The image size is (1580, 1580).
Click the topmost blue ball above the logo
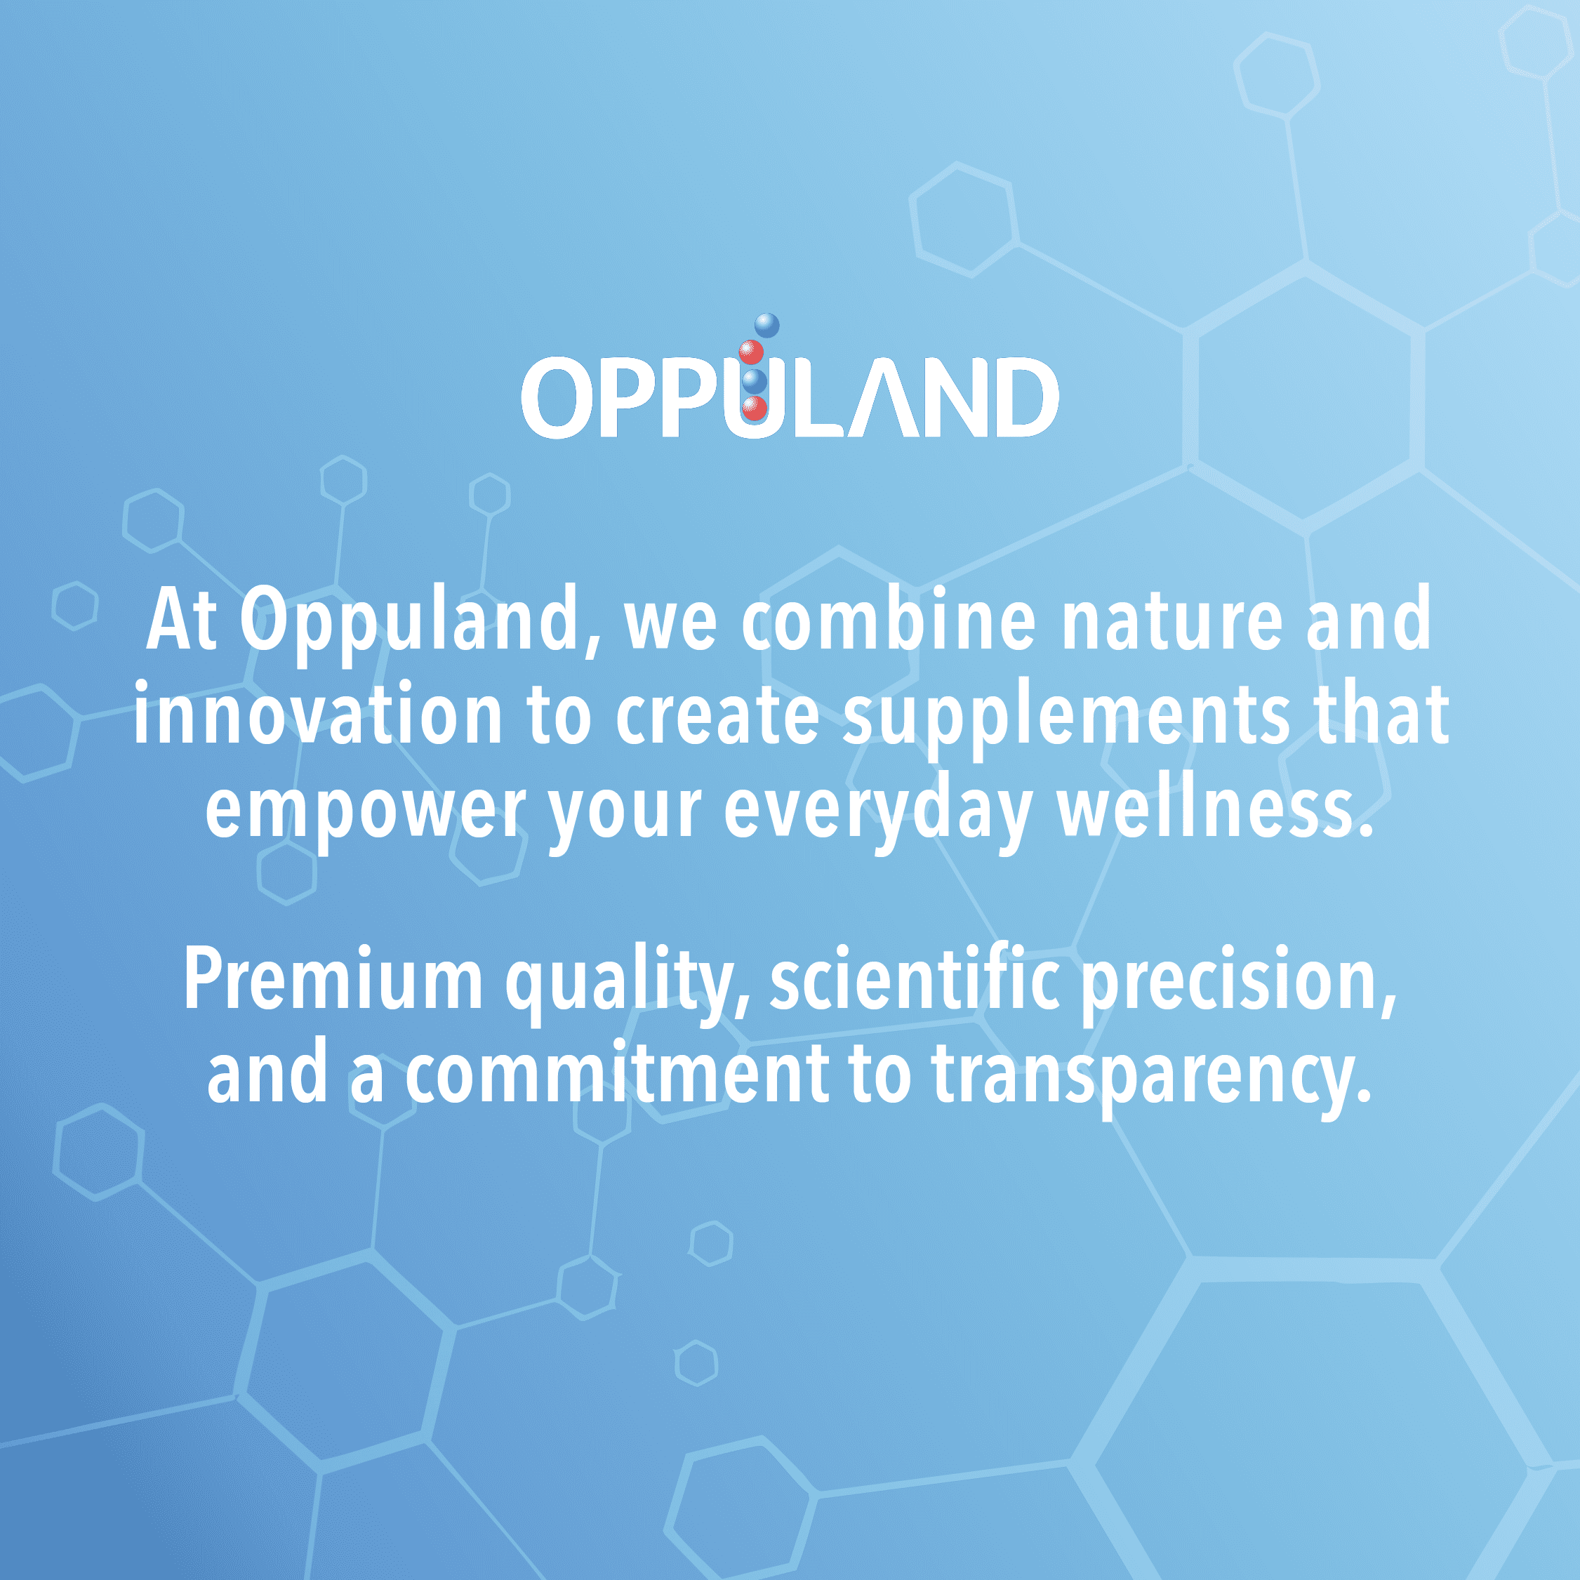pyautogui.click(x=766, y=326)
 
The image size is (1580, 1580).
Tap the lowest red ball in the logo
pyautogui.click(x=754, y=407)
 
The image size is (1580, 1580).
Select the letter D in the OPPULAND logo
pyautogui.click(x=1023, y=397)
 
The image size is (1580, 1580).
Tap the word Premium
pyautogui.click(x=333, y=981)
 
